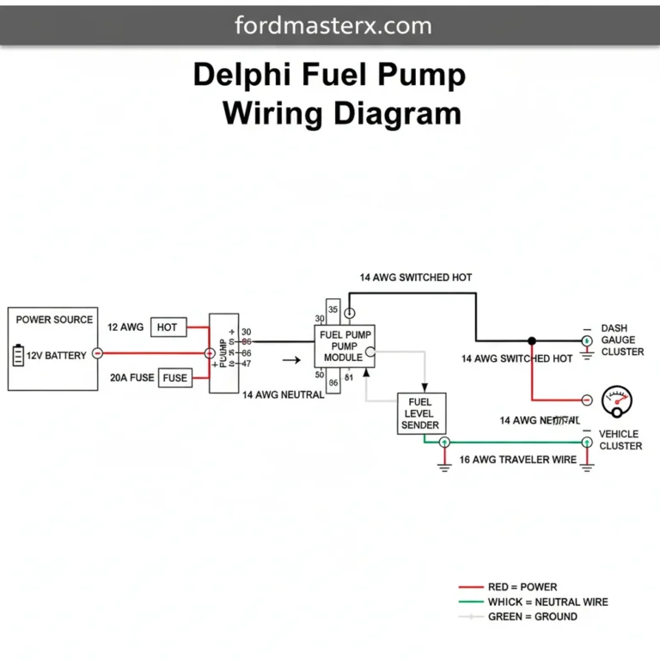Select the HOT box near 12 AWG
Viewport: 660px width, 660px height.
[x=167, y=327]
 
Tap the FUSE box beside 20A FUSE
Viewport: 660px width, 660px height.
[x=174, y=378]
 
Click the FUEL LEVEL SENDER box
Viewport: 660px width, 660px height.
[x=420, y=413]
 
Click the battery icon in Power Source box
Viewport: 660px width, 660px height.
[x=19, y=356]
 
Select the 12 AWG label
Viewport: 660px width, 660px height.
[x=125, y=327]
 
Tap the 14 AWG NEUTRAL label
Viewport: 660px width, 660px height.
[x=283, y=395]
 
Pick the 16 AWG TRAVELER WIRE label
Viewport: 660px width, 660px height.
[x=517, y=460]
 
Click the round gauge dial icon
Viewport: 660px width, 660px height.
[x=616, y=400]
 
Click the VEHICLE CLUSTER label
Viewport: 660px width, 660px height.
[x=620, y=440]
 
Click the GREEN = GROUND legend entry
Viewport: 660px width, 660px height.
[x=532, y=616]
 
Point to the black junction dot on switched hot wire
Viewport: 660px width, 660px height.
[x=532, y=340]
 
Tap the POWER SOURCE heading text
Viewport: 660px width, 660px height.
[x=54, y=320]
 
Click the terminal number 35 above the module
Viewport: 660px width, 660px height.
[x=333, y=310]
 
